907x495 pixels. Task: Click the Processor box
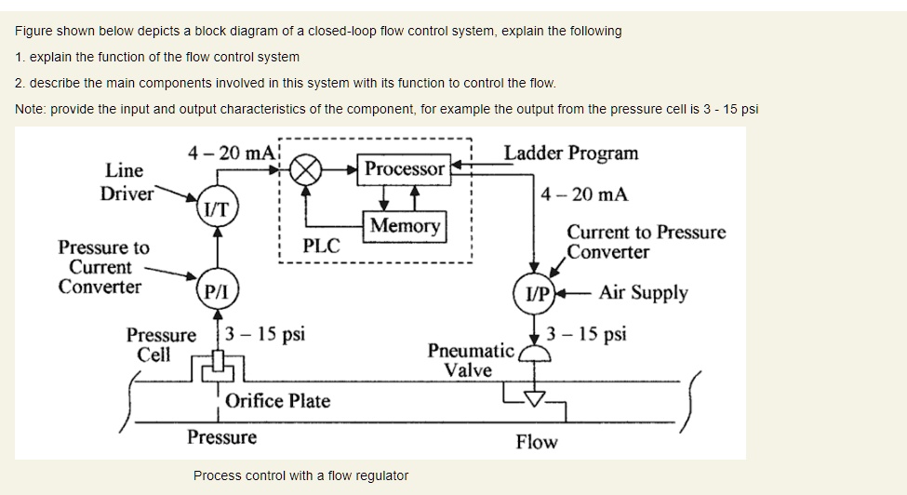click(x=405, y=169)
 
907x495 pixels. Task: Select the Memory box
click(x=405, y=226)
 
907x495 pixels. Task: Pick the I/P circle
click(x=536, y=294)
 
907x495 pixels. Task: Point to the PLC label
click(x=322, y=247)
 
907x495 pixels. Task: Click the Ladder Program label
click(x=571, y=153)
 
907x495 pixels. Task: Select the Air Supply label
click(x=643, y=293)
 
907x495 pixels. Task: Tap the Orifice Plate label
click(x=277, y=401)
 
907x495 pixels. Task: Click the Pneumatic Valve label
click(x=470, y=360)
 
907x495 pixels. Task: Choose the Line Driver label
click(x=126, y=182)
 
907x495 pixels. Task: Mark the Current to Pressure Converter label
click(x=646, y=242)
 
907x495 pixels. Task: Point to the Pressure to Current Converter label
click(x=102, y=267)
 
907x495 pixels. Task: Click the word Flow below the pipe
click(x=537, y=441)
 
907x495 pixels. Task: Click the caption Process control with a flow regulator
click(x=300, y=475)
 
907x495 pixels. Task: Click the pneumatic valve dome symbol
click(x=534, y=355)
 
